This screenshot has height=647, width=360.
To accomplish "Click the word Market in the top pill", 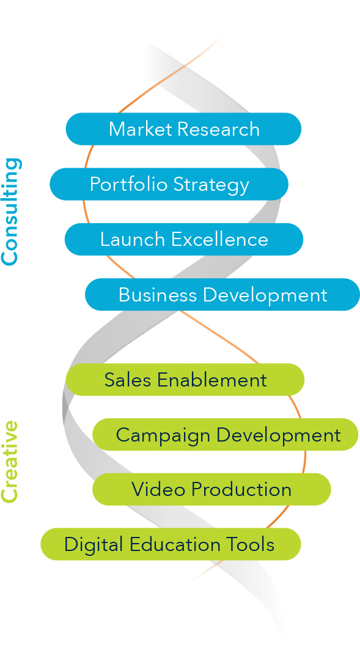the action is (140, 129).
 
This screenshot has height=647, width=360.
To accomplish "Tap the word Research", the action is (219, 129).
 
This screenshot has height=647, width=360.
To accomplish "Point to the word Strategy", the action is (211, 185).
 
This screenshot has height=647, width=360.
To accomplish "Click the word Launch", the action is (133, 239).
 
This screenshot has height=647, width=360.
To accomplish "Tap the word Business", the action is (158, 295).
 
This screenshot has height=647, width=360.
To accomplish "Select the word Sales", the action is (128, 380).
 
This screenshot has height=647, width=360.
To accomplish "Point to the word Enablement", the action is (212, 380).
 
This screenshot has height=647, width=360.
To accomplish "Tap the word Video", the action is (158, 489).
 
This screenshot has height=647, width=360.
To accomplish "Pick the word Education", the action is (173, 544).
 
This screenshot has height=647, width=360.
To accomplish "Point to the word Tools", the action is (249, 544).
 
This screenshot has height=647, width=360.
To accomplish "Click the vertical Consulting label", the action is (11, 211).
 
